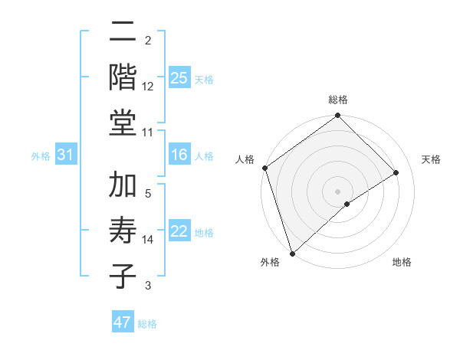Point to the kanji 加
click(123, 186)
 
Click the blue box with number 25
click(179, 77)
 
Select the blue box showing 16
click(179, 155)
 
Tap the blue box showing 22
click(179, 232)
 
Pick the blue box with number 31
click(66, 155)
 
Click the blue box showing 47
click(123, 322)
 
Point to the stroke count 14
click(148, 240)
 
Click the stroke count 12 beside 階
click(148, 87)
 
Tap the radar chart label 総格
click(337, 100)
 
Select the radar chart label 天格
click(431, 159)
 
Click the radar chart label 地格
click(402, 262)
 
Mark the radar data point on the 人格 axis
click(264, 168)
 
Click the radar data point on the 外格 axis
click(292, 253)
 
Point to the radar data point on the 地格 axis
click(347, 204)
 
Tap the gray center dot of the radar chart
click(337, 191)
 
